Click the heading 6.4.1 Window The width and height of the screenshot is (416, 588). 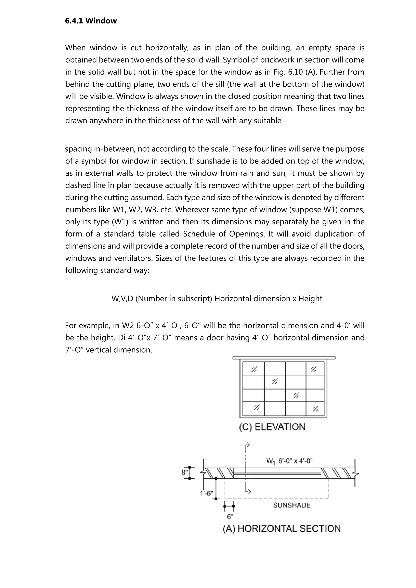(x=91, y=21)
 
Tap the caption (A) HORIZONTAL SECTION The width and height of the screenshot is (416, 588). (x=282, y=529)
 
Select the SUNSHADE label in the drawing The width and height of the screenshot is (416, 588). (x=292, y=505)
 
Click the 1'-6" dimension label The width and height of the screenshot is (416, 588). (x=207, y=493)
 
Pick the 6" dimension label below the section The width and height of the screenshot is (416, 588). (x=230, y=517)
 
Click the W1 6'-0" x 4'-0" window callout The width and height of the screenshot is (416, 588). (x=289, y=461)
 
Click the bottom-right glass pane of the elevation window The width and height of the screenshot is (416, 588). (x=315, y=409)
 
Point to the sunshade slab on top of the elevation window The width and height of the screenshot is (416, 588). (x=284, y=358)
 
